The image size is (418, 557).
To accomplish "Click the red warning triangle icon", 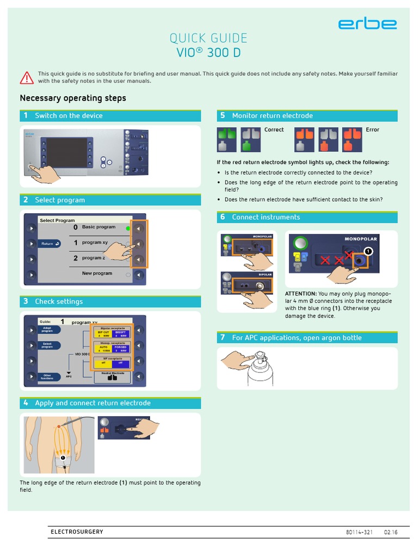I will click(27, 78).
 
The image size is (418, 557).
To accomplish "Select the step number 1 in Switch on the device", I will click(26, 116).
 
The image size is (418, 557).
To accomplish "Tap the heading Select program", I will click(60, 200).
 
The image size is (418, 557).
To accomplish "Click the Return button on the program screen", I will click(50, 244).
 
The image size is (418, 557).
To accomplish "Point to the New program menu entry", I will click(97, 274).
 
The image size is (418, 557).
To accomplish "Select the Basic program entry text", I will click(99, 227).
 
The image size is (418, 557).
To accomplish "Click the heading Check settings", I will click(59, 301).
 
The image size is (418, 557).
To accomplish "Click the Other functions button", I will click(47, 376).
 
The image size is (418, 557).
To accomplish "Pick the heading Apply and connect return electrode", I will click(93, 403).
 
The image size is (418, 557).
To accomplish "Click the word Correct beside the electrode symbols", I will click(274, 130).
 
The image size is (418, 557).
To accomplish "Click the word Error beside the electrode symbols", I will click(372, 130).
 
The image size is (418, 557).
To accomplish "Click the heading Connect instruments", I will click(266, 217).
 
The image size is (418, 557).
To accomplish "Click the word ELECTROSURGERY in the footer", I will click(77, 532).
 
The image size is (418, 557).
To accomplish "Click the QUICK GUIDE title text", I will click(208, 38).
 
